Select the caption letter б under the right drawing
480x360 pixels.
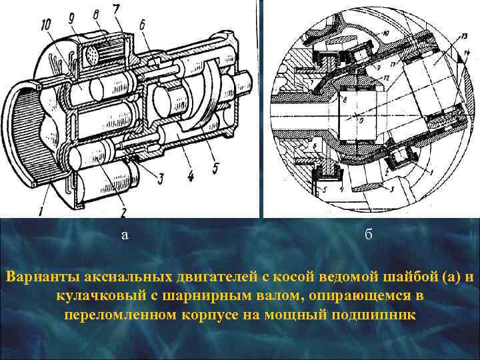(x=369, y=235)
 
